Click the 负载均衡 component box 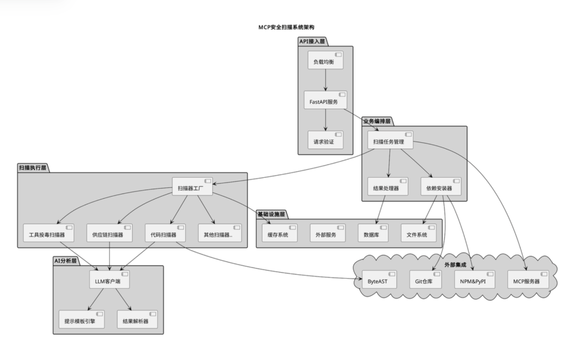pyautogui.click(x=325, y=62)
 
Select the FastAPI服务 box pyautogui.click(x=325, y=101)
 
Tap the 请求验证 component pyautogui.click(x=325, y=142)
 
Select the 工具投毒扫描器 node pyautogui.click(x=47, y=234)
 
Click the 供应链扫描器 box pyautogui.click(x=109, y=234)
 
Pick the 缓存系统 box pyautogui.click(x=279, y=234)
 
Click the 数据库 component pyautogui.click(x=372, y=234)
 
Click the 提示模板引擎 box pyautogui.click(x=81, y=321)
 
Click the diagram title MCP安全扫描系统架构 pyautogui.click(x=290, y=26)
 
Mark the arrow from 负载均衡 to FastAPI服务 pyautogui.click(x=325, y=81)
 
